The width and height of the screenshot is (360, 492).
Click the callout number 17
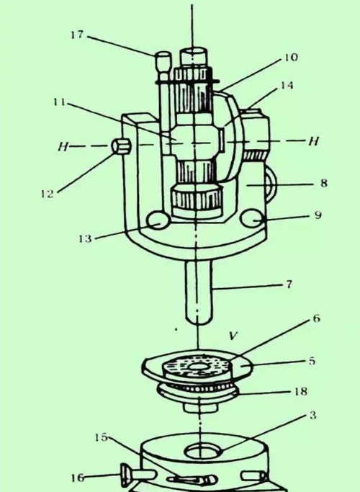point(77,35)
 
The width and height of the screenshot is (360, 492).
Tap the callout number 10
point(291,58)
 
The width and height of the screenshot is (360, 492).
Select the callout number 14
point(287,85)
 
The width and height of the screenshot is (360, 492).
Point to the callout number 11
point(59,102)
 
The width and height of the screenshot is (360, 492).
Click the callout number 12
point(48,194)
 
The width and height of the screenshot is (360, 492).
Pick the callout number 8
point(324,183)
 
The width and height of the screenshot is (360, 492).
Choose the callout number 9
point(318,215)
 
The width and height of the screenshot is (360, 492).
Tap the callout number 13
point(85,238)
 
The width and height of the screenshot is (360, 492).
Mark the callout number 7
point(289,285)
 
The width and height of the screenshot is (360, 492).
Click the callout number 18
point(300,392)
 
